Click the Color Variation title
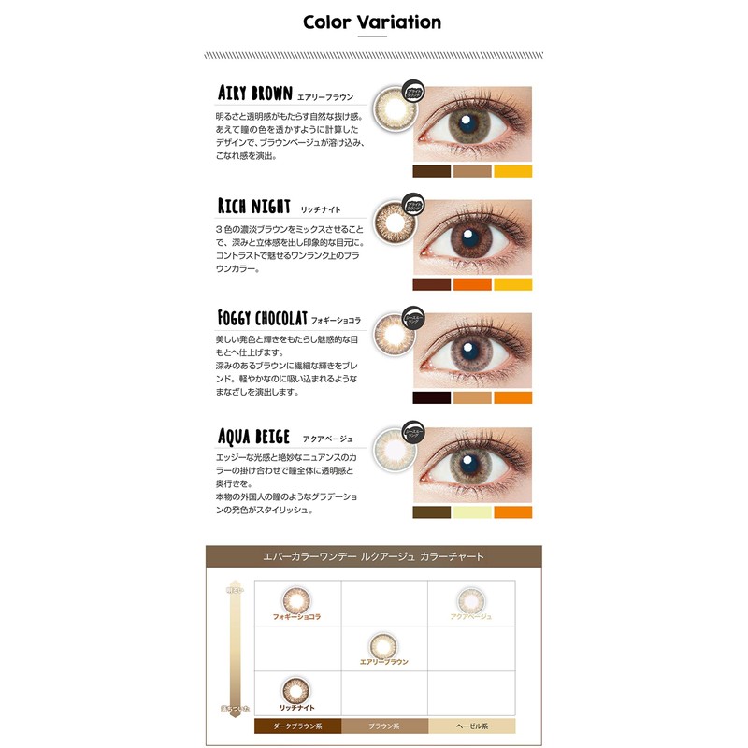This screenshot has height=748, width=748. point(372,22)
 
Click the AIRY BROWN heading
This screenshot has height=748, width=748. point(254,93)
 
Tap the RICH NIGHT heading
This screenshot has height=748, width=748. point(253,206)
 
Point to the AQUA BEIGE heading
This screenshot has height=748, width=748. point(253,436)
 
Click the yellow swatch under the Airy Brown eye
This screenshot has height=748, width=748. point(512,171)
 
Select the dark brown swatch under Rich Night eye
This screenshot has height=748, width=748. point(431,284)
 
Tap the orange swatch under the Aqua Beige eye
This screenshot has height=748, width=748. point(512,512)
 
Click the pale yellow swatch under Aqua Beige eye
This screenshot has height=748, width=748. point(472,512)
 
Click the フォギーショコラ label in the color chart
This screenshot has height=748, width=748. point(296,617)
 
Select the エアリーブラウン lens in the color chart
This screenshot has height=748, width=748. point(383,645)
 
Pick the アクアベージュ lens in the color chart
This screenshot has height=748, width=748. point(469,599)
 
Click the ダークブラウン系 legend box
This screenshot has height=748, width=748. point(296,726)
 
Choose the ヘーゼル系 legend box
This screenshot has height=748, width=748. point(471,726)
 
